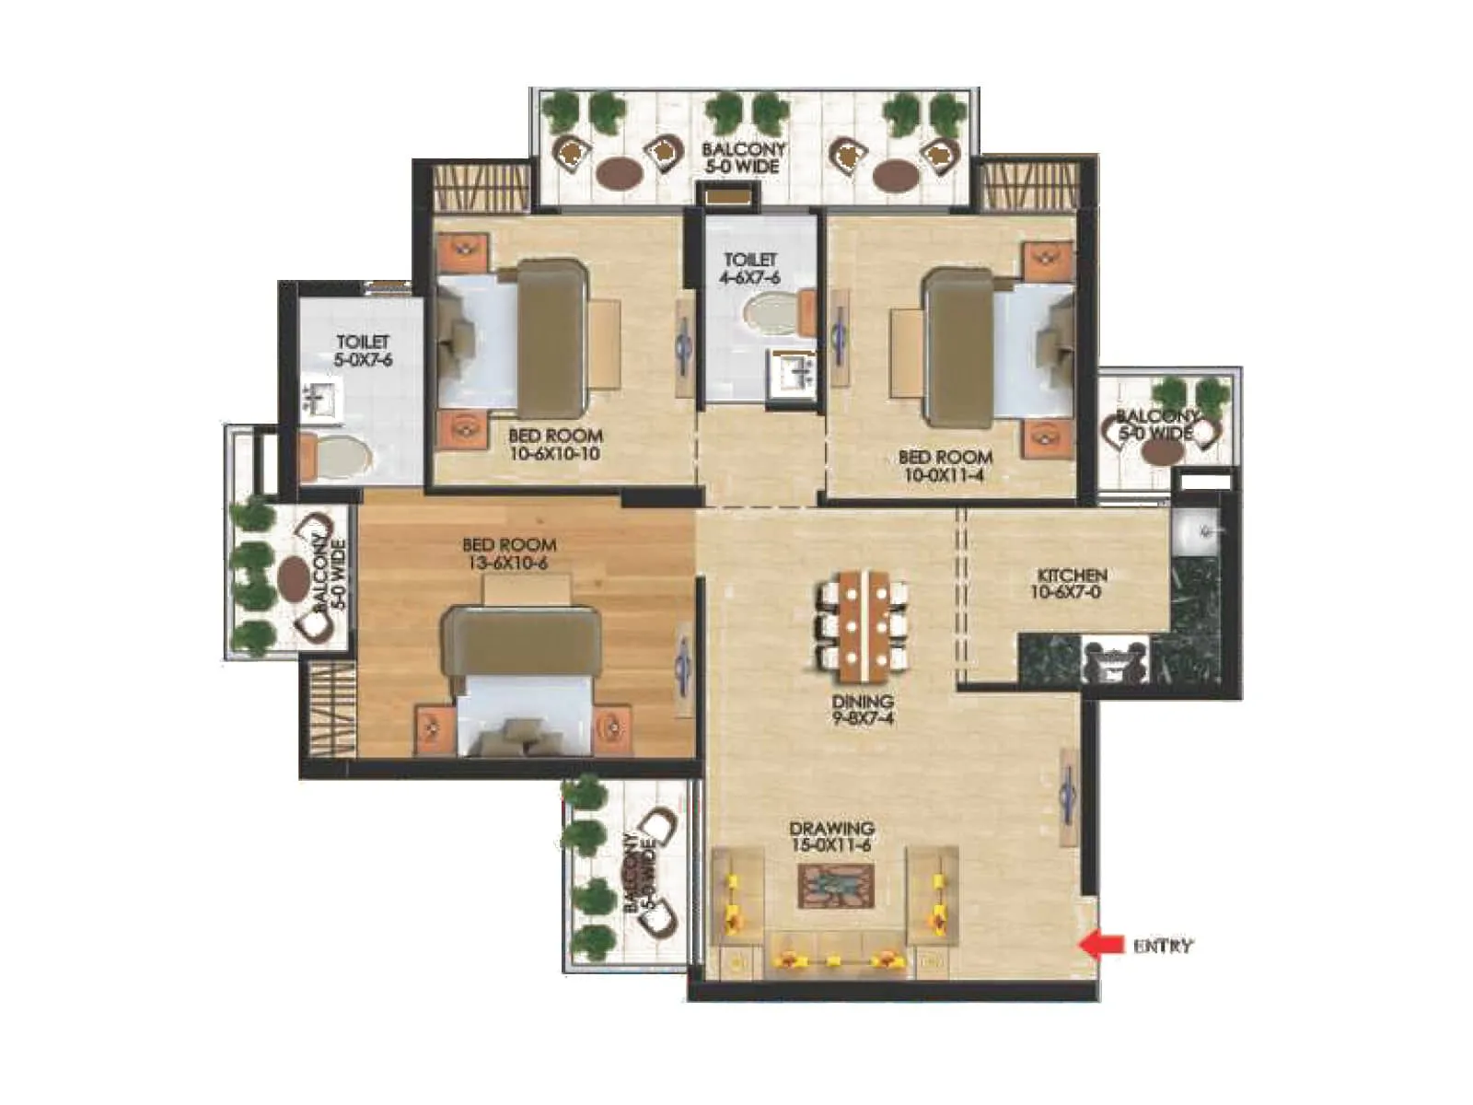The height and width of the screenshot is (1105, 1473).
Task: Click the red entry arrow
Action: point(1101,944)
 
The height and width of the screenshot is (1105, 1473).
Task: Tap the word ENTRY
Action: point(1163,946)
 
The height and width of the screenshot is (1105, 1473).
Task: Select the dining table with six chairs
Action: point(863,620)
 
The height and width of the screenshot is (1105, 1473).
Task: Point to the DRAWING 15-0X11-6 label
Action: point(831,837)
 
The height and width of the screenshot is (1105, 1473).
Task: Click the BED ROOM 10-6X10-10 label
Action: point(555,445)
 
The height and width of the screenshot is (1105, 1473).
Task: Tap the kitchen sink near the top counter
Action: point(1195,531)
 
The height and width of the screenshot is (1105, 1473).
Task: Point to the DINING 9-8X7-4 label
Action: point(863,710)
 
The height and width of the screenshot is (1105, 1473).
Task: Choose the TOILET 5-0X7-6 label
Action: point(363,351)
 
